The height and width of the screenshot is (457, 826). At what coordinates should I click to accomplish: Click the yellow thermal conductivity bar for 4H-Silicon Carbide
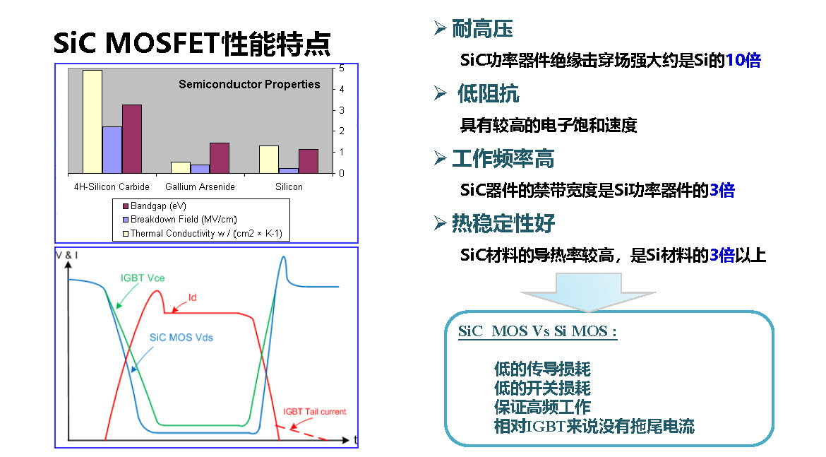click(x=92, y=121)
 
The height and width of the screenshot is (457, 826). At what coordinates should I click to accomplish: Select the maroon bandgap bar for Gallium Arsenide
click(x=219, y=158)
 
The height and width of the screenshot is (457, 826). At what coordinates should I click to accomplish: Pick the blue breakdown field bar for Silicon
click(x=289, y=171)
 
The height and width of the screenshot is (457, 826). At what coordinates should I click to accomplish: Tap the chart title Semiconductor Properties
click(x=249, y=84)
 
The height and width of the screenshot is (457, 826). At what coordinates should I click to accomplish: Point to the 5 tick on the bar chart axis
click(x=342, y=69)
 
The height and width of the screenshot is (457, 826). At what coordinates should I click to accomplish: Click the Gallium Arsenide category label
click(x=200, y=186)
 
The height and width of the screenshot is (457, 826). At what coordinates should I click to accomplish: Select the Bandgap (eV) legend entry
click(x=155, y=206)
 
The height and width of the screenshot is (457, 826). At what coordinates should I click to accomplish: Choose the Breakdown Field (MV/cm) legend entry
click(x=179, y=219)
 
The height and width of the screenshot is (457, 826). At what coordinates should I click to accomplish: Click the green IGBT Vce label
click(x=142, y=278)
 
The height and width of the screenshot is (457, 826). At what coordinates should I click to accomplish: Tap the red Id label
click(x=192, y=298)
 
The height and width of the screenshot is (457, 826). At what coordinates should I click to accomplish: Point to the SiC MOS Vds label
click(x=181, y=338)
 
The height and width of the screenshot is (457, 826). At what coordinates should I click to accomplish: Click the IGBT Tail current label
click(x=314, y=412)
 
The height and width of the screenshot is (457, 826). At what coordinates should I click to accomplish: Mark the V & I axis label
click(x=67, y=255)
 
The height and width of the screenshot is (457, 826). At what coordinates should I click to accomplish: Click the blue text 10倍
click(x=743, y=61)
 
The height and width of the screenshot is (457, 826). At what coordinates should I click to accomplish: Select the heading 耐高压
click(x=482, y=28)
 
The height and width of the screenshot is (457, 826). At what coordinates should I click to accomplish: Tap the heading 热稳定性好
click(x=503, y=223)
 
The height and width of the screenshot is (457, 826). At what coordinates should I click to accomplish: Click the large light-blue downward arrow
click(x=588, y=292)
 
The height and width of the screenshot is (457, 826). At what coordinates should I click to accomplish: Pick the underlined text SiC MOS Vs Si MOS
click(x=537, y=331)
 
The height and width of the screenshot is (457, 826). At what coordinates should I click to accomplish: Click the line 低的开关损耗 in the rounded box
click(x=542, y=388)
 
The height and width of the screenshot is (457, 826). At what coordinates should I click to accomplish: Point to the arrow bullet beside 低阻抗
click(x=441, y=93)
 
